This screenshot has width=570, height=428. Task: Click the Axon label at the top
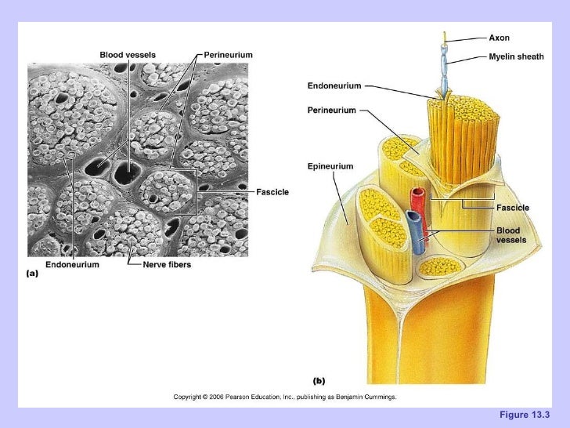(499, 38)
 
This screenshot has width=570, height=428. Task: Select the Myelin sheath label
(516, 56)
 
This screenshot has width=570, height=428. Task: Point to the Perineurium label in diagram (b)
(331, 111)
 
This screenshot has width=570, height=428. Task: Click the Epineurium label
(330, 166)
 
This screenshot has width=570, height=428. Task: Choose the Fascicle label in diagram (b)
(513, 208)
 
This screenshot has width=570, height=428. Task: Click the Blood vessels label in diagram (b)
(511, 235)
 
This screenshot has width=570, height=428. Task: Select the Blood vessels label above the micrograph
(128, 55)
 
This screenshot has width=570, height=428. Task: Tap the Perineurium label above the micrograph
(228, 55)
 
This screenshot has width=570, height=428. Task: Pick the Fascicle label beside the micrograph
(273, 192)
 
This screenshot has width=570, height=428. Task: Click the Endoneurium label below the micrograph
(72, 265)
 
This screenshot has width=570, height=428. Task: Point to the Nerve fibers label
(167, 265)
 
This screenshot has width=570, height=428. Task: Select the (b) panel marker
(319, 381)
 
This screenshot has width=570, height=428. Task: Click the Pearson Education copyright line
(285, 397)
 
